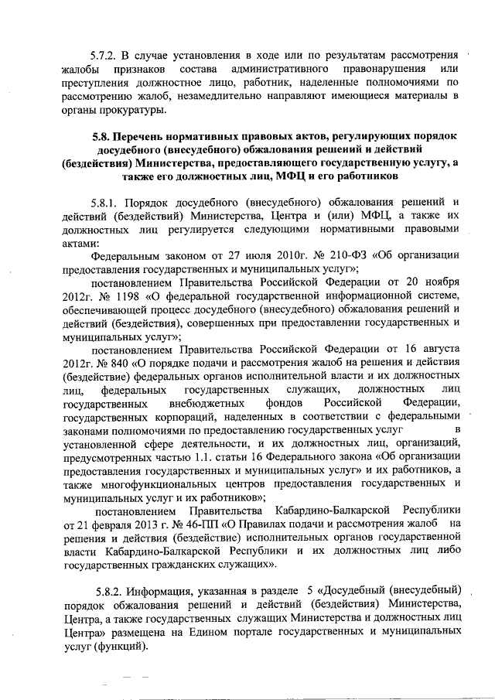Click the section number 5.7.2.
104,56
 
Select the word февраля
97,524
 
